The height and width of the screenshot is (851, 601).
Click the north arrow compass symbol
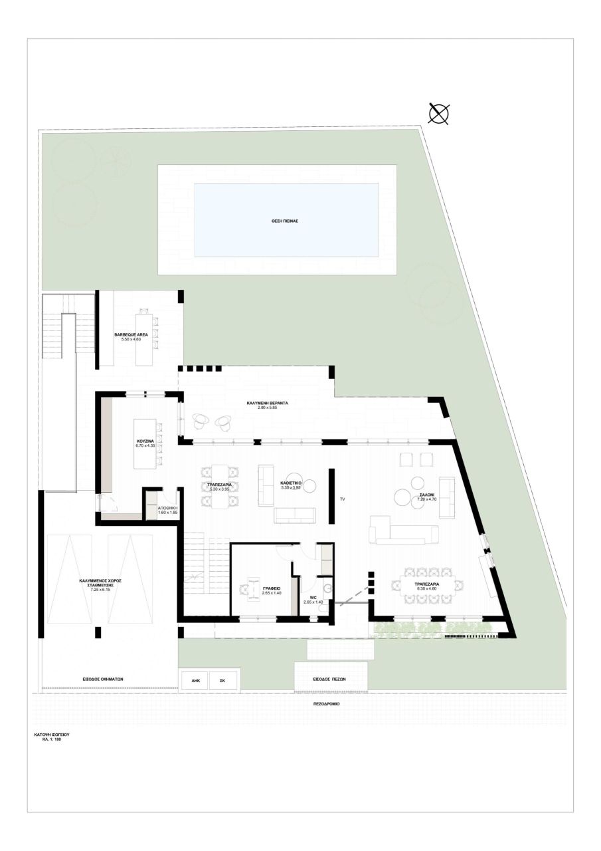pyautogui.click(x=439, y=114)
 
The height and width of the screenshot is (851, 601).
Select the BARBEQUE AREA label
pyautogui.click(x=127, y=334)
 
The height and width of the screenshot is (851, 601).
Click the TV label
pyautogui.click(x=343, y=498)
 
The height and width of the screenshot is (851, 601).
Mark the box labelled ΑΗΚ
pyautogui.click(x=195, y=681)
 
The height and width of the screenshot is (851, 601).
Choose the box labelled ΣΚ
pyautogui.click(x=222, y=681)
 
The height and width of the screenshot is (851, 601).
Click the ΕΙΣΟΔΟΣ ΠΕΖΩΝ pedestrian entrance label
pyautogui.click(x=331, y=680)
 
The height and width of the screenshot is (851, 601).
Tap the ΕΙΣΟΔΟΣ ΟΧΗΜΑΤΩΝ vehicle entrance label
pyautogui.click(x=103, y=679)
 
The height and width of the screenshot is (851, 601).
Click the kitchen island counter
pyautogui.click(x=145, y=443)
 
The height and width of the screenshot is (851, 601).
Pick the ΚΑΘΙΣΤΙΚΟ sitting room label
pyautogui.click(x=292, y=484)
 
